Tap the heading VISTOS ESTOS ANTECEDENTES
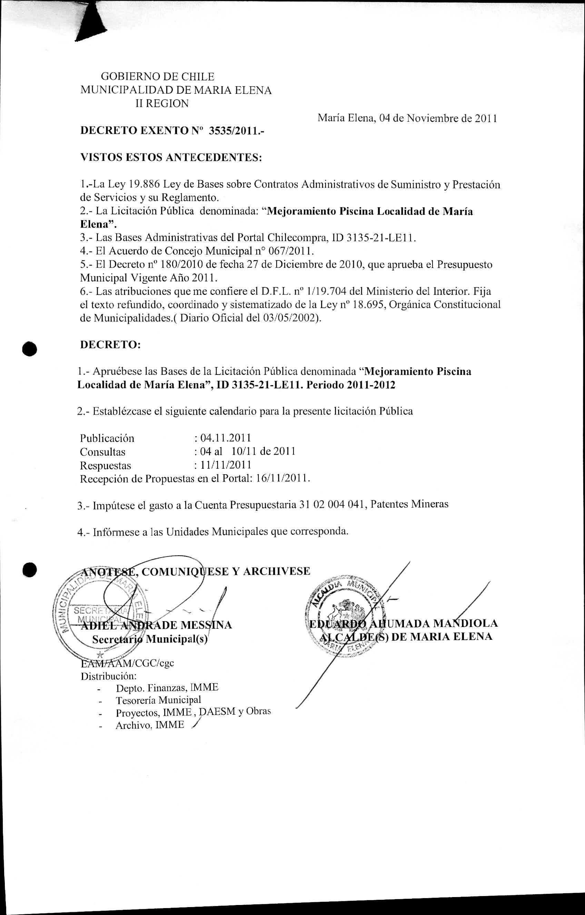pos(171,157)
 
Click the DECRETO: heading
pos(111,345)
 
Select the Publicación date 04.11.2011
pos(225,438)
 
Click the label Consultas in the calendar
pos(103,452)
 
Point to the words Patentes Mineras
pos(409,504)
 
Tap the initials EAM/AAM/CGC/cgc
pos(127,663)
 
